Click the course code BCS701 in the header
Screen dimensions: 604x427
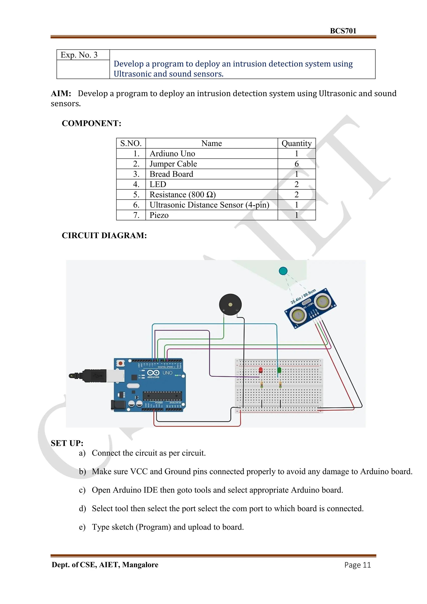[x=343, y=31]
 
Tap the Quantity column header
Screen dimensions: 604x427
[x=296, y=143]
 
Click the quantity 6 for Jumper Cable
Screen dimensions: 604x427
[x=296, y=164]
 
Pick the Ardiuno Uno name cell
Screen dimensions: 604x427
[x=172, y=154]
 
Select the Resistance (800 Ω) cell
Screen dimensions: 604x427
[x=182, y=195]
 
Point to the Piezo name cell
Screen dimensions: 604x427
[x=159, y=215]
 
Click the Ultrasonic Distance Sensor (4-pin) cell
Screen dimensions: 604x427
[x=209, y=205]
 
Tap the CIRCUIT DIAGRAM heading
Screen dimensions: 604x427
[x=104, y=235]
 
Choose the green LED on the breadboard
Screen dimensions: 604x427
[x=279, y=370]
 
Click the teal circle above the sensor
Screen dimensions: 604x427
[x=283, y=271]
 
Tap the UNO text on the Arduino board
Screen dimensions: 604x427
[x=167, y=373]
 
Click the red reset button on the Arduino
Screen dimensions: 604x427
[x=121, y=363]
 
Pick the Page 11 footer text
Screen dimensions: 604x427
[x=357, y=565]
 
